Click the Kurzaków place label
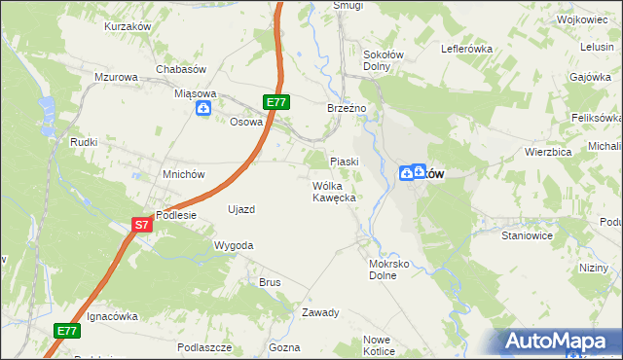[x=128, y=27]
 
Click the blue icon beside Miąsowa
[x=202, y=108]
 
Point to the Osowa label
[x=246, y=122]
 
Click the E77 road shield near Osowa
[x=275, y=102]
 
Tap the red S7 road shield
[x=142, y=225]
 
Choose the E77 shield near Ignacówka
[x=66, y=331]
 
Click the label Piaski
[x=345, y=162]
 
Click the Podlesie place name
[x=176, y=216]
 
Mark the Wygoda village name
[x=234, y=246]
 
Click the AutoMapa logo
[x=558, y=342]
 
